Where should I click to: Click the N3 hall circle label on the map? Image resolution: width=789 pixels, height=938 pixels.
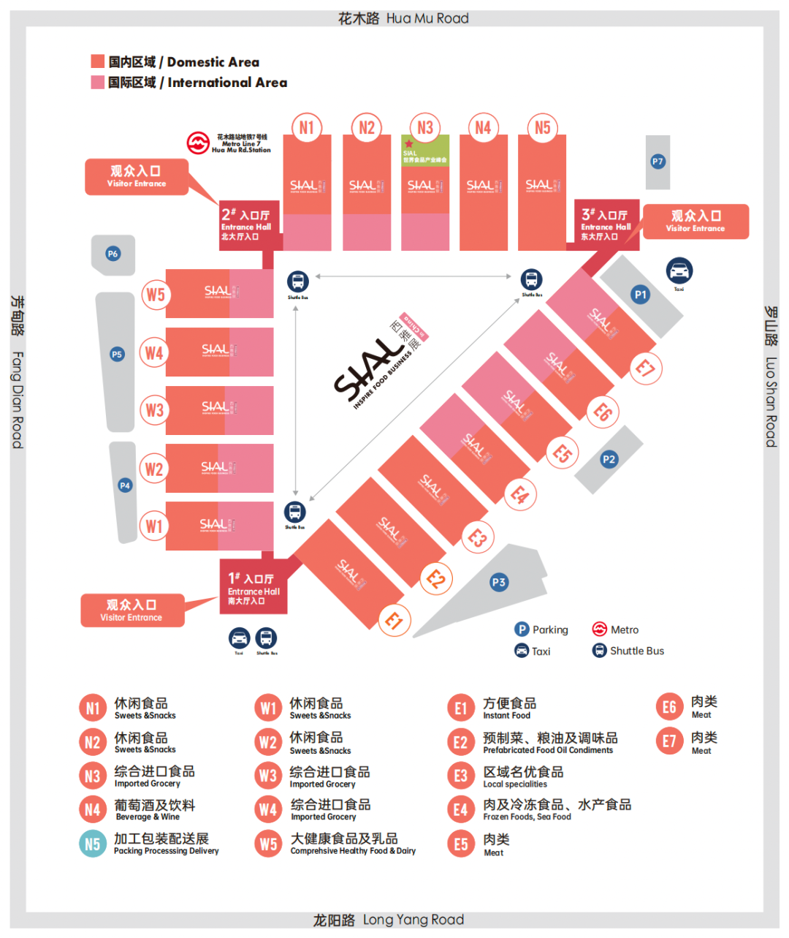425,128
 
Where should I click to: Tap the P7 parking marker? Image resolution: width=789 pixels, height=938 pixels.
657,162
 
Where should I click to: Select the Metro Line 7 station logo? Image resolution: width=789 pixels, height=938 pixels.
198,143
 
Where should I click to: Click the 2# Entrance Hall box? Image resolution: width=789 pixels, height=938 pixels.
248,225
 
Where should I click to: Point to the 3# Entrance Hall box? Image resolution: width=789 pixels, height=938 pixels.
606,224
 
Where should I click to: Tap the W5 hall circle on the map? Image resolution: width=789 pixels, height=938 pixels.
155,295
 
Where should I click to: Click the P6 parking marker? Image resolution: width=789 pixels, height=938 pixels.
113,254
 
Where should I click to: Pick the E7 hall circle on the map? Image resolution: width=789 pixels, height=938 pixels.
645,367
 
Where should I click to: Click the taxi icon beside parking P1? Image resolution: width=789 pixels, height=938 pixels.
679,271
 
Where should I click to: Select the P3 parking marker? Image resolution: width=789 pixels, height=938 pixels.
498,583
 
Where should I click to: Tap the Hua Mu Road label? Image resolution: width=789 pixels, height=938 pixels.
403,18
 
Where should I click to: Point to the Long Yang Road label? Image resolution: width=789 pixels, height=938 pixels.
389,920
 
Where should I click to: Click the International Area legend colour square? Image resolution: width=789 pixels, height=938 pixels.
97,83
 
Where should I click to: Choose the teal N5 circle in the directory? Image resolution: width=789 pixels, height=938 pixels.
93,844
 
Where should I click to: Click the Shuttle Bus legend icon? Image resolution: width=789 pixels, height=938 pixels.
599,651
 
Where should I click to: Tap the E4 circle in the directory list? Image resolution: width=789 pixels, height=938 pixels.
461,809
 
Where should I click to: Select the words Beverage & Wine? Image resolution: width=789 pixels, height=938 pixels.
148,817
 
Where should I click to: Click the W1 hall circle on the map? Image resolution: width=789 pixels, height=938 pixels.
153,526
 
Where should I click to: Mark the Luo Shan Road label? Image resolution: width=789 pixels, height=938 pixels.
771,377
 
